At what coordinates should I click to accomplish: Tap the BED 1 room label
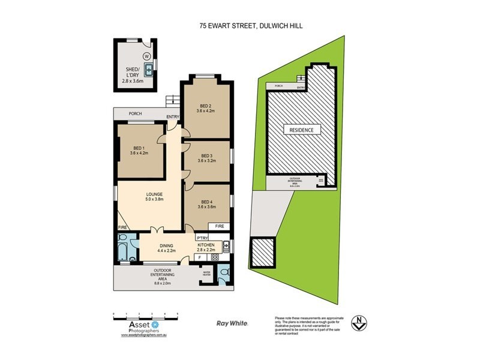139,150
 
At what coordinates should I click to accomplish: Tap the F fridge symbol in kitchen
199,257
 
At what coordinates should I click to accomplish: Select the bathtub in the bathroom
124,248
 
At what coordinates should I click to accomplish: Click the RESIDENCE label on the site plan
302,130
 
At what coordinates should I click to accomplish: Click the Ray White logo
232,323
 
